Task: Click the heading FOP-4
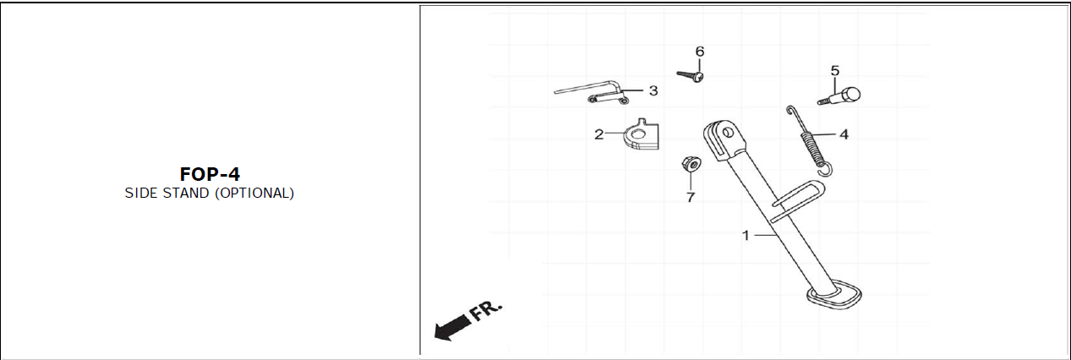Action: (210, 174)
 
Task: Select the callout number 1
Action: (746, 236)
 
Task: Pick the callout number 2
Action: (598, 134)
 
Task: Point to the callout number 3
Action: (653, 90)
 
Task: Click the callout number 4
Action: (844, 134)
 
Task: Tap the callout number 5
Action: (834, 70)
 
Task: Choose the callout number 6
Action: (699, 52)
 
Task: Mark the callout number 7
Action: (690, 198)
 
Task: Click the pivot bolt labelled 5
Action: (840, 95)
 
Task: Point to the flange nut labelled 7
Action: (690, 163)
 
